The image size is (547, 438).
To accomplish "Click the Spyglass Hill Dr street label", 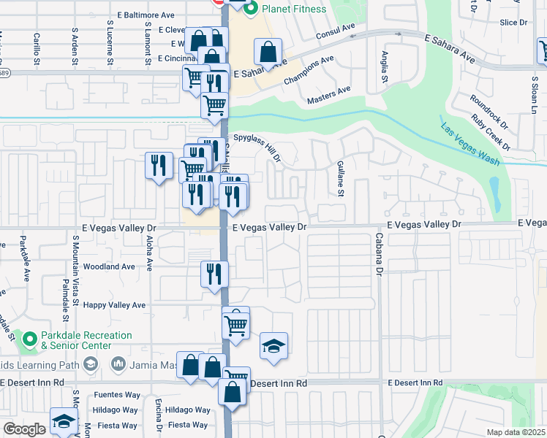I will click(x=257, y=146).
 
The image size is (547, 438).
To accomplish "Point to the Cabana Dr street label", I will click(x=380, y=259).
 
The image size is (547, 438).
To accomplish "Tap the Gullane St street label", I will click(x=340, y=179).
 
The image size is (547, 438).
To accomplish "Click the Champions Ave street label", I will click(x=309, y=66).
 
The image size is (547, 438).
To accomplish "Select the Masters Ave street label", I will click(x=329, y=95).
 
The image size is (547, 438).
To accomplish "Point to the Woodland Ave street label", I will click(x=110, y=267).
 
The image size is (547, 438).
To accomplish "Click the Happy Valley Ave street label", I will click(x=115, y=305).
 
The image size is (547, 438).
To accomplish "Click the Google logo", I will click(x=24, y=429).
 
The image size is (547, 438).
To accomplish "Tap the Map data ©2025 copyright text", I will click(x=516, y=432).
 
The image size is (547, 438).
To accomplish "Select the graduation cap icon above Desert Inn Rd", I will click(x=273, y=347).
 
